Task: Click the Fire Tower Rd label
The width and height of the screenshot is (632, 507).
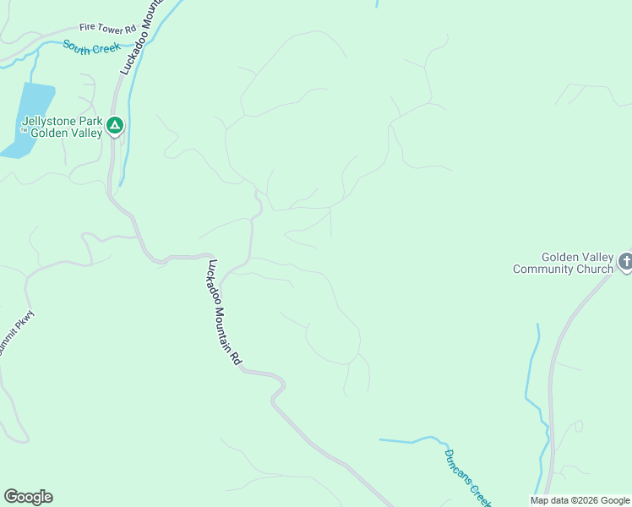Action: (x=107, y=28)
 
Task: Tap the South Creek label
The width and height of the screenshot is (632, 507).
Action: (x=92, y=48)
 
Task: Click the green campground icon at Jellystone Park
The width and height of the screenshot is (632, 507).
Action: (x=115, y=127)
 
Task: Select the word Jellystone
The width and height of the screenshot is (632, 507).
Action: (x=46, y=121)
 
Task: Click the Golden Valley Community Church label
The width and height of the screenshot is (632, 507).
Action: (x=564, y=264)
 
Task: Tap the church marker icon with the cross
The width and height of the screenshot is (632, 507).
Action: (x=624, y=262)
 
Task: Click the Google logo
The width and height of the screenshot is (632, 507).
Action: (x=28, y=497)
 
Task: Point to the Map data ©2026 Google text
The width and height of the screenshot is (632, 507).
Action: (x=580, y=500)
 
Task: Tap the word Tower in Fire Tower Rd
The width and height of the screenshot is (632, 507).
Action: (x=106, y=28)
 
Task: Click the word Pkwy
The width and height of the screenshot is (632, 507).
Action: (x=25, y=321)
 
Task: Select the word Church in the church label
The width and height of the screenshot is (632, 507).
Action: (x=598, y=270)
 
